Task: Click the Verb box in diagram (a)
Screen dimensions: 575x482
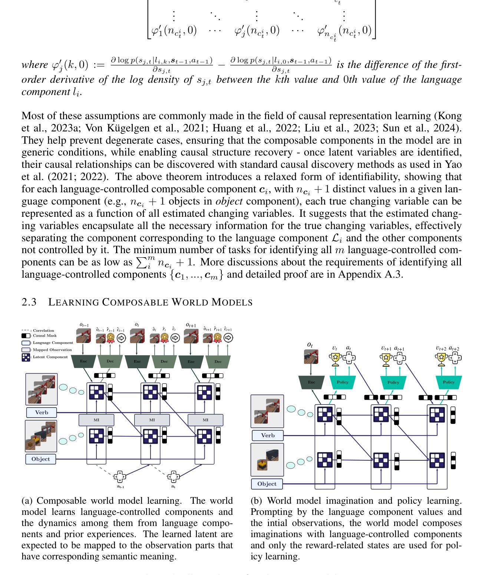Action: tap(42, 412)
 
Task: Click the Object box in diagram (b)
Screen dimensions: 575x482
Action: tap(267, 484)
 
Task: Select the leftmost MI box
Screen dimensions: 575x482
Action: tap(96, 420)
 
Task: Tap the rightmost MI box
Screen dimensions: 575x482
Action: tap(205, 420)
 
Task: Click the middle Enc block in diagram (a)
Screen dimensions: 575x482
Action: tap(137, 361)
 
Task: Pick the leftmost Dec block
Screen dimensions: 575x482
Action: tap(110, 361)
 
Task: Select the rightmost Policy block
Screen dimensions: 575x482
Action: tap(449, 382)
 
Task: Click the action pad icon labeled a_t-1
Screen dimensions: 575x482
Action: tap(120, 477)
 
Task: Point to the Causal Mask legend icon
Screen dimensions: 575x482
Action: tap(26, 336)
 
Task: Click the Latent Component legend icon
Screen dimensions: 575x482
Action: tap(26, 357)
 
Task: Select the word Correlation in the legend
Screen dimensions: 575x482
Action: tap(43, 330)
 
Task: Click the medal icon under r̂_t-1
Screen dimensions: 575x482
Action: tap(110, 338)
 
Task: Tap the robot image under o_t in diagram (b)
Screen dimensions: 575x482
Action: tap(310, 356)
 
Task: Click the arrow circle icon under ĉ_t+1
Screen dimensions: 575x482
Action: tap(229, 337)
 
